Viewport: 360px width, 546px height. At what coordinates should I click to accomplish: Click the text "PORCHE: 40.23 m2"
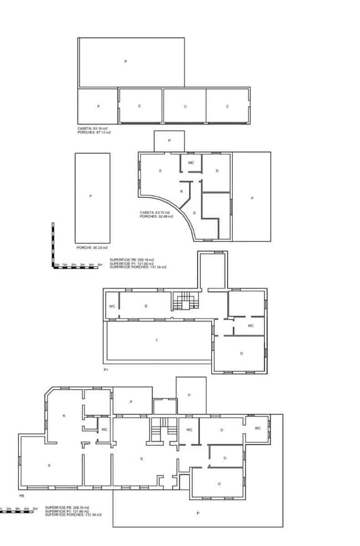[x=92, y=248]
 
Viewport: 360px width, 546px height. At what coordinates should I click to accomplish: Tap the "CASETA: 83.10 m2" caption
[x=92, y=129]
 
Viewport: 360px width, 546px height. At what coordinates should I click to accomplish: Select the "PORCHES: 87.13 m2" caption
[x=94, y=132]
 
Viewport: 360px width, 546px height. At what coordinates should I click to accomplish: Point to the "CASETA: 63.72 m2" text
[x=155, y=212]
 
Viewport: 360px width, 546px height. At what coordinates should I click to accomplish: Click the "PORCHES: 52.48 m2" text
[x=157, y=217]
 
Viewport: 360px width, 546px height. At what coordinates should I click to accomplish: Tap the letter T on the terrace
[x=157, y=341]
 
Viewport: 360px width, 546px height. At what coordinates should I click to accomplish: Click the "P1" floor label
[x=106, y=370]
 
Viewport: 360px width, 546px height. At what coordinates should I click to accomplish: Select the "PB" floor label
[x=21, y=495]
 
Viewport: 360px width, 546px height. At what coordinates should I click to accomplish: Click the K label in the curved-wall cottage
[x=182, y=192]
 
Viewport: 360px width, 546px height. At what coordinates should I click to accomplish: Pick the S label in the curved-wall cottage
[x=160, y=171]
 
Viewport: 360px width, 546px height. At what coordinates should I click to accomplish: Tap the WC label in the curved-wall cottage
[x=191, y=163]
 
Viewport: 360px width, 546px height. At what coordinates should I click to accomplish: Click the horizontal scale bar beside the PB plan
[x=16, y=512]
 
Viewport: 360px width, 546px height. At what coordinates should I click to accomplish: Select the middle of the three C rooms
[x=185, y=106]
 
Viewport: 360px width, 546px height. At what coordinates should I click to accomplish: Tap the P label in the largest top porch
[x=126, y=61]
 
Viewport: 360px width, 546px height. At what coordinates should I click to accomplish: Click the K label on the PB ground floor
[x=64, y=415]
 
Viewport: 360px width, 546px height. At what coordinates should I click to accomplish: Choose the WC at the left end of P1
[x=112, y=306]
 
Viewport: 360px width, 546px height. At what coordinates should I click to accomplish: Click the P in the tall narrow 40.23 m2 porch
[x=91, y=196]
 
